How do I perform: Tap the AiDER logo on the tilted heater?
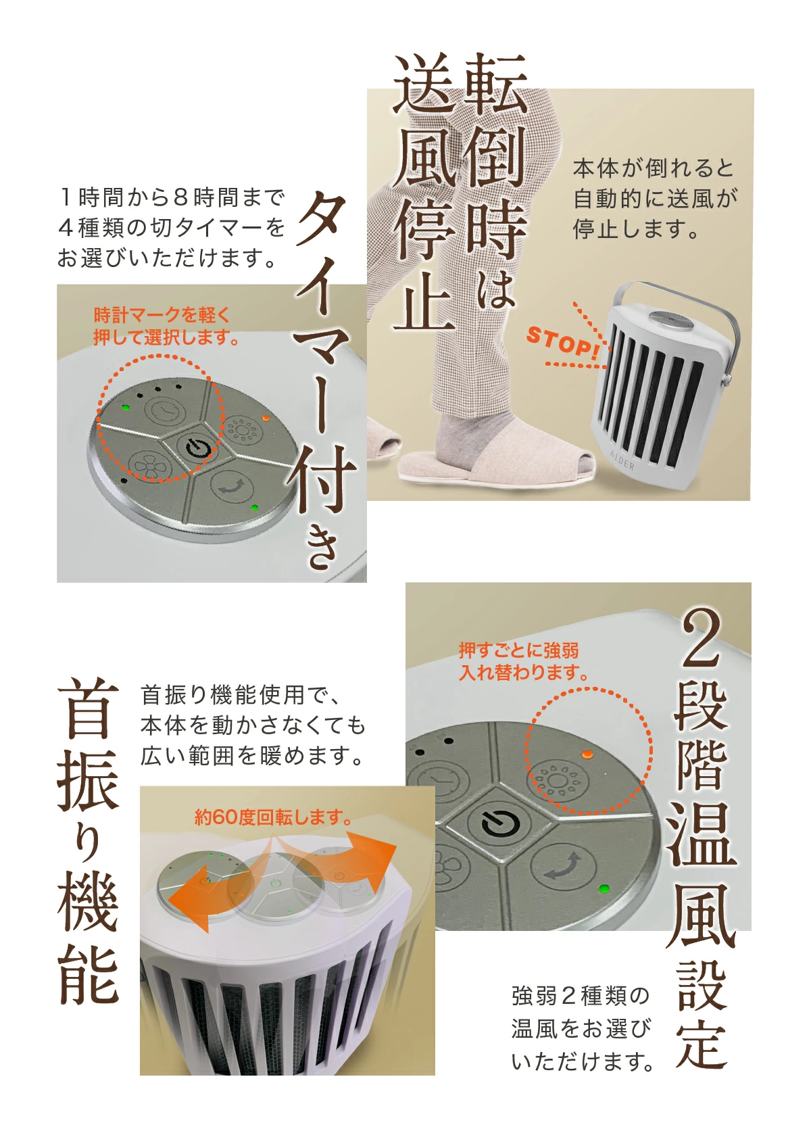622,460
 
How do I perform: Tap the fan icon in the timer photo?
150,464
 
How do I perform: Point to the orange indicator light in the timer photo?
265,418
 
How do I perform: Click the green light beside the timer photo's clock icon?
126,407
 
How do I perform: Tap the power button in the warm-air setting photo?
501,823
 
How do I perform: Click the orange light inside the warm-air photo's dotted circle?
587,754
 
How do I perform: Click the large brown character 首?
89,707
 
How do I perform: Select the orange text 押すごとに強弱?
518,650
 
